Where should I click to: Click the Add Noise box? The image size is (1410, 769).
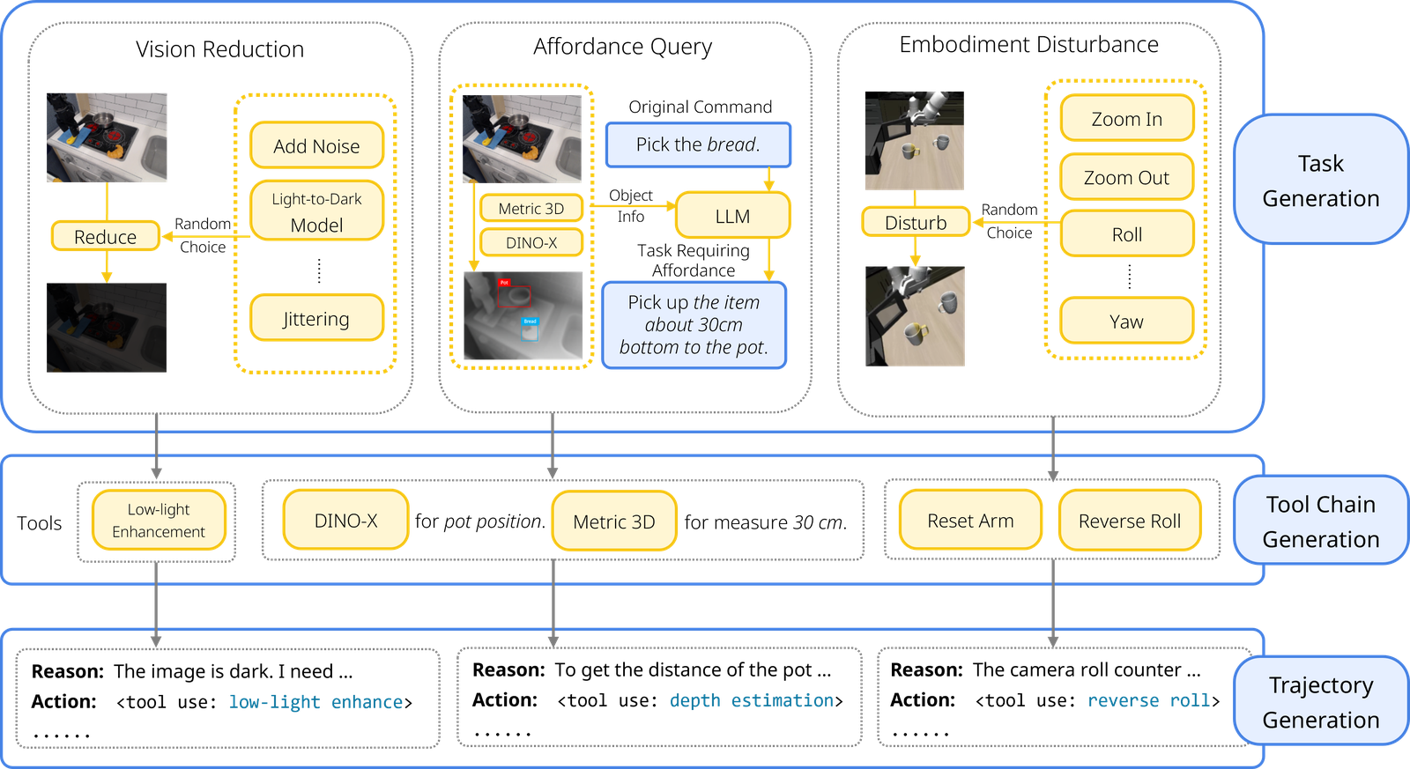pyautogui.click(x=316, y=145)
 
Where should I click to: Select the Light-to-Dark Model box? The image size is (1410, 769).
pyautogui.click(x=316, y=211)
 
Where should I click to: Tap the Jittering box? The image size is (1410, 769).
pyautogui.click(x=316, y=318)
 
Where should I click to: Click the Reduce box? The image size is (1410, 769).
pyautogui.click(x=106, y=236)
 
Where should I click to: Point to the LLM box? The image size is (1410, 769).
pyautogui.click(x=732, y=215)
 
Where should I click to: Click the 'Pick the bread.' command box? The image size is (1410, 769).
pyautogui.click(x=698, y=144)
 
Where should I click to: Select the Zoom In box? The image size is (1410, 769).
pyautogui.click(x=1127, y=118)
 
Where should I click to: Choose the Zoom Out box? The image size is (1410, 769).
pyautogui.click(x=1127, y=177)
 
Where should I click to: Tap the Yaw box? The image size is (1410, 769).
pyautogui.click(x=1127, y=321)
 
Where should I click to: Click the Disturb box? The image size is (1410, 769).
pyautogui.click(x=916, y=222)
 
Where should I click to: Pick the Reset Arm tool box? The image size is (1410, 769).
pyautogui.click(x=970, y=521)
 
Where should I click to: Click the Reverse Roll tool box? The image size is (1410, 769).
pyautogui.click(x=1130, y=521)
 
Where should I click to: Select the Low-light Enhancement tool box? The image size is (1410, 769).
pyautogui.click(x=159, y=520)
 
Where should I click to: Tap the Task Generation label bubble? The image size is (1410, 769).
pyautogui.click(x=1321, y=180)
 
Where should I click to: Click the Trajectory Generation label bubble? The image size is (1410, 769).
pyautogui.click(x=1321, y=701)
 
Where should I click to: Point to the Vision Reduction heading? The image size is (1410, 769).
pyautogui.click(x=219, y=49)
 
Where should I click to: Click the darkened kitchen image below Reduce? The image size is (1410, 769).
pyautogui.click(x=107, y=327)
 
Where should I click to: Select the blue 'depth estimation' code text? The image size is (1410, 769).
pyautogui.click(x=751, y=700)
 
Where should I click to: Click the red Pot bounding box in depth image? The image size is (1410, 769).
pyautogui.click(x=514, y=296)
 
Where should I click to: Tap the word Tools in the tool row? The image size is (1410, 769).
pyautogui.click(x=39, y=523)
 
